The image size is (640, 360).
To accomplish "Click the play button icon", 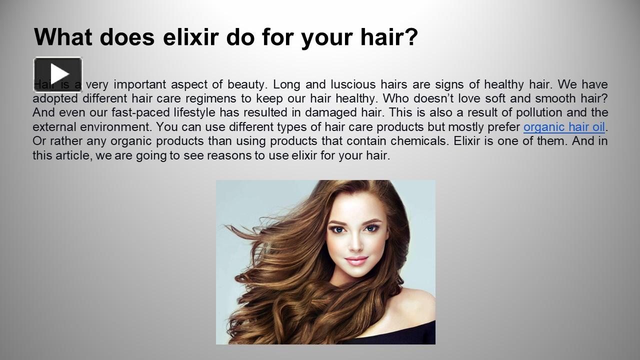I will pos(58,74).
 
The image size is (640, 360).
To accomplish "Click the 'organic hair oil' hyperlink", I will pos(564,127).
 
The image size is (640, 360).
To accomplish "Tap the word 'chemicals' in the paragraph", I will pos(423,141).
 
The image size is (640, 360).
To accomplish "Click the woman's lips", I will pos(356,260).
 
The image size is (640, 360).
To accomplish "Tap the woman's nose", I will pos(355,244).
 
